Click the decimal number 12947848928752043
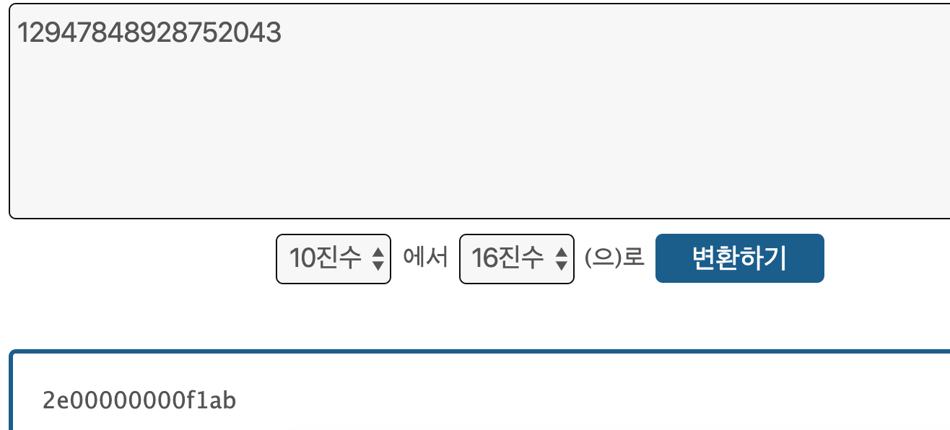pyautogui.click(x=149, y=33)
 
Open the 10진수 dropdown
pyautogui.click(x=334, y=258)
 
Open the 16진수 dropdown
pyautogui.click(x=517, y=258)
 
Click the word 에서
pyautogui.click(x=425, y=258)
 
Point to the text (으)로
pyautogui.click(x=614, y=258)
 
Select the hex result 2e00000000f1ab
pyautogui.click(x=139, y=400)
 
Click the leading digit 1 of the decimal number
pyautogui.click(x=22, y=33)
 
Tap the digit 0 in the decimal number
pyautogui.click(x=242, y=33)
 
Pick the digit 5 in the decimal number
pyautogui.click(x=210, y=33)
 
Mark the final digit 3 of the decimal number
pyautogui.click(x=274, y=33)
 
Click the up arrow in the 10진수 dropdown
pyautogui.click(x=378, y=252)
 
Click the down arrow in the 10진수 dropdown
pyautogui.click(x=378, y=265)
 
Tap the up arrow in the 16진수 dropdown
pyautogui.click(x=561, y=252)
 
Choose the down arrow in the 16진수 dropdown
pyautogui.click(x=561, y=265)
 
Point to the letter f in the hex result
pyautogui.click(x=188, y=400)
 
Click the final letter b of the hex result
pyautogui.click(x=229, y=400)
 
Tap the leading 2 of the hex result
pyautogui.click(x=50, y=400)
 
